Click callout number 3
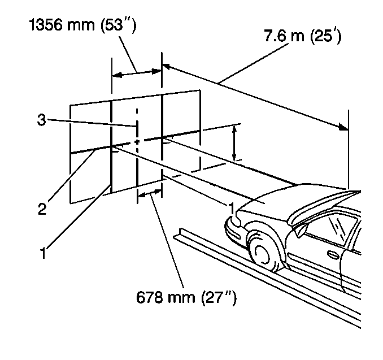(x=41, y=120)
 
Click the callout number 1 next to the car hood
(x=230, y=208)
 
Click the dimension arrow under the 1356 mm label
(x=137, y=72)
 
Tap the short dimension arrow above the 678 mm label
(x=150, y=194)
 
